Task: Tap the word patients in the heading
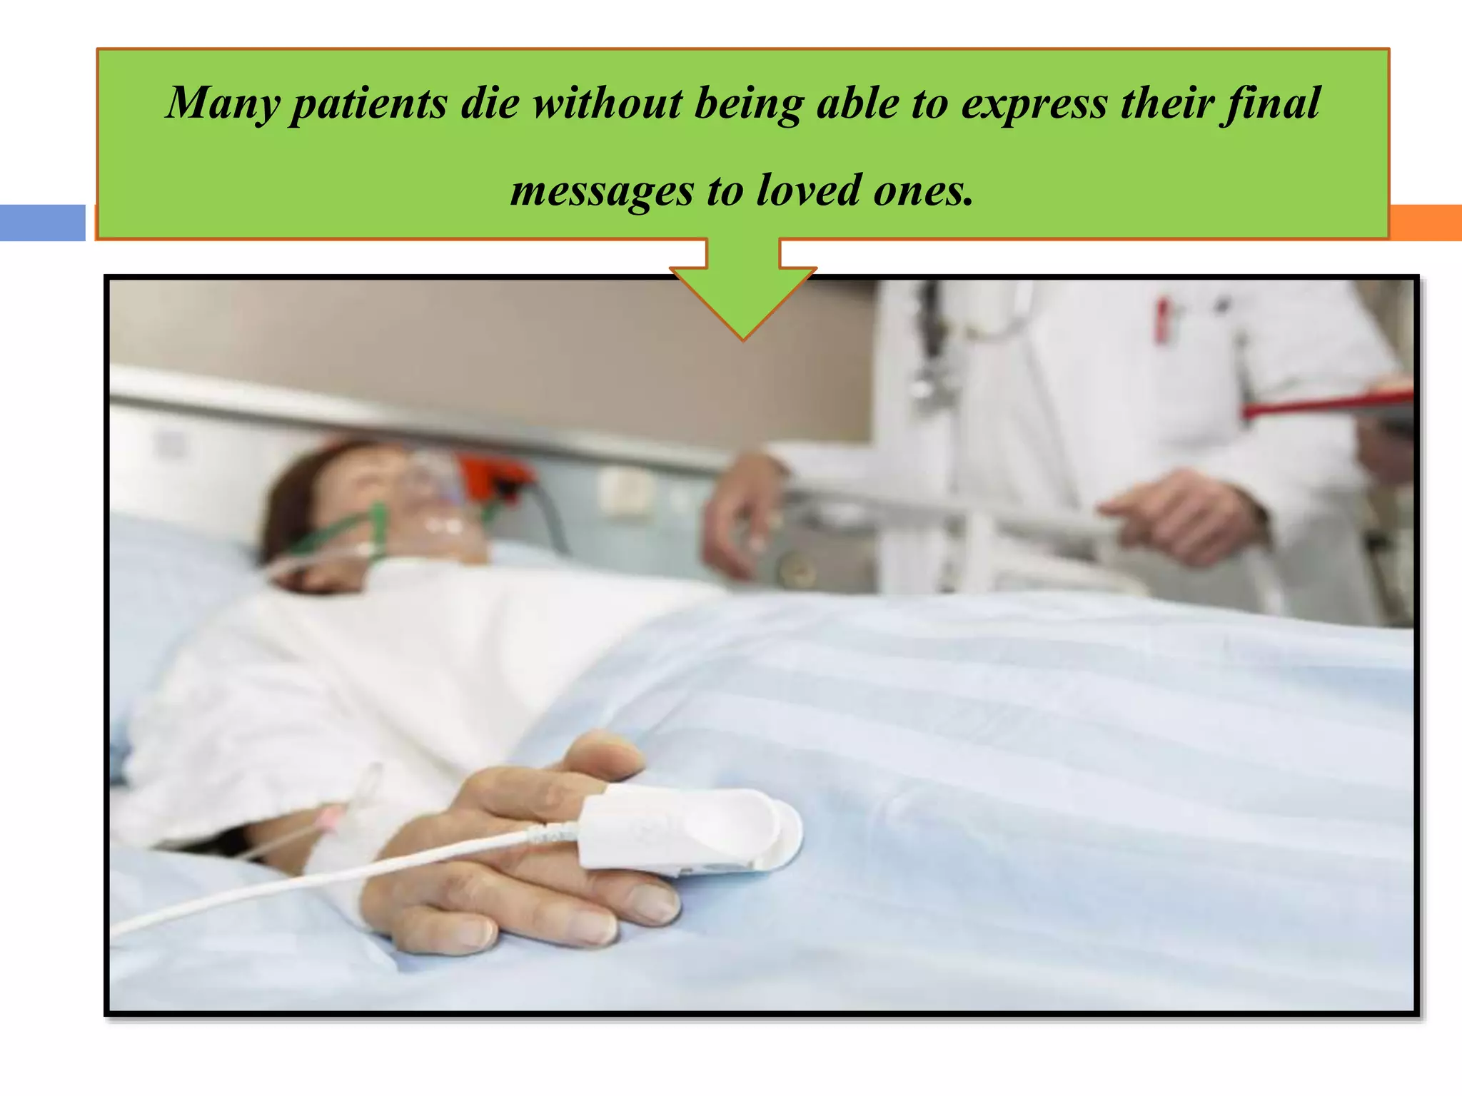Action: pyautogui.click(x=368, y=104)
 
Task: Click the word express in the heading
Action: pyautogui.click(x=1034, y=104)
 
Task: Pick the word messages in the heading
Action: pyautogui.click(x=602, y=191)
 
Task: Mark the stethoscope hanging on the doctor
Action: pyautogui.click(x=928, y=357)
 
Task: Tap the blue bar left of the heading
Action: pyautogui.click(x=42, y=223)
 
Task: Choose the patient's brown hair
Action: pyautogui.click(x=293, y=499)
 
